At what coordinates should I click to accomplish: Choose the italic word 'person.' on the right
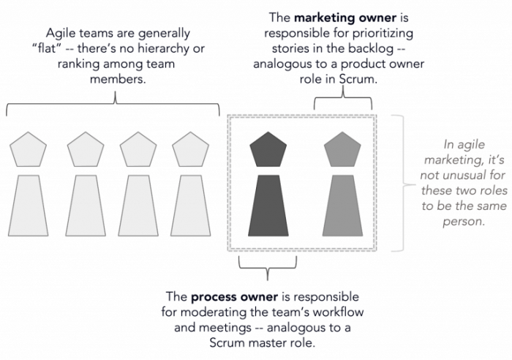[464, 220]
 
